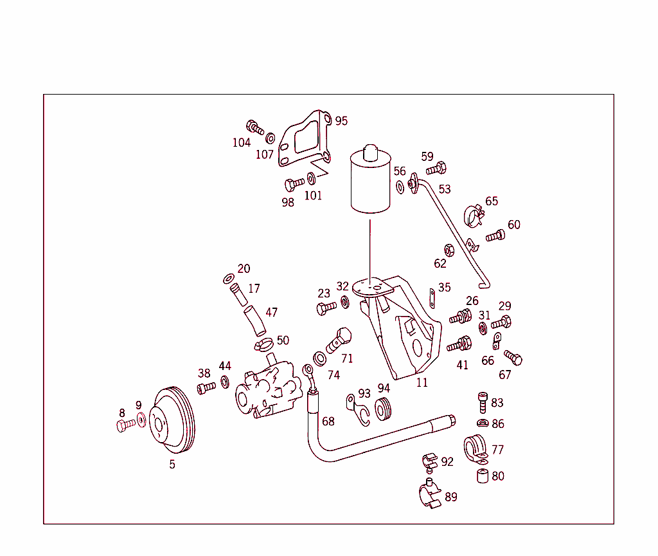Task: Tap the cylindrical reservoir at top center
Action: [x=370, y=182]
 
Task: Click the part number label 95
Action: [x=341, y=121]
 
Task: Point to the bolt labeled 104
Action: [x=254, y=127]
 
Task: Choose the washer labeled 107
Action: [x=271, y=138]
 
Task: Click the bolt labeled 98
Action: [x=294, y=184]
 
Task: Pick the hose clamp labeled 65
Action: [x=474, y=216]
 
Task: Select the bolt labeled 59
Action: [x=436, y=169]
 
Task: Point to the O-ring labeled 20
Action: [x=228, y=279]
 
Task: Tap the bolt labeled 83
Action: [x=482, y=402]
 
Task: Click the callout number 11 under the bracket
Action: [x=422, y=382]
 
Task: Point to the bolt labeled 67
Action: [x=513, y=358]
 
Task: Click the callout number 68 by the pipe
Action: [x=328, y=422]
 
